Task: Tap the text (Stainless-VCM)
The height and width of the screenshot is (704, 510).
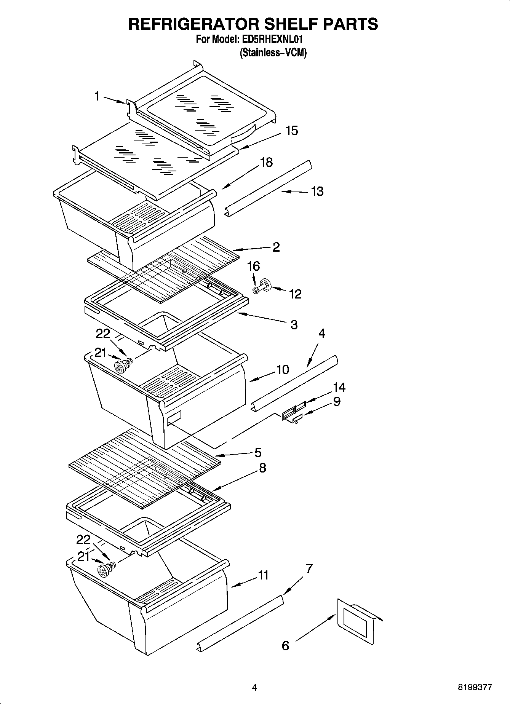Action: click(x=273, y=53)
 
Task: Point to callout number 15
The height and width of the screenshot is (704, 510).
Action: click(x=291, y=131)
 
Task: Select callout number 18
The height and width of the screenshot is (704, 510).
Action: click(x=266, y=162)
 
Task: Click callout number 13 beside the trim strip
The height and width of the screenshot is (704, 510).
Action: click(x=317, y=191)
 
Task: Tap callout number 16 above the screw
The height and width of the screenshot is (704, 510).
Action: click(x=253, y=266)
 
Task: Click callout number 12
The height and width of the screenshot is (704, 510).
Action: click(x=295, y=294)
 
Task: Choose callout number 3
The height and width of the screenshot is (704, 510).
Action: click(x=294, y=325)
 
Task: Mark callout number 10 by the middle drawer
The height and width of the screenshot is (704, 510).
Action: click(x=282, y=369)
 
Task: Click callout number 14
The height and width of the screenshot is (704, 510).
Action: click(x=339, y=388)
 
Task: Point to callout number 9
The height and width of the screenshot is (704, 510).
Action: click(x=337, y=401)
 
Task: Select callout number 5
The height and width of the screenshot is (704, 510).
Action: click(x=258, y=453)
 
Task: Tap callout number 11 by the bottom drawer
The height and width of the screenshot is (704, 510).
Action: click(x=263, y=575)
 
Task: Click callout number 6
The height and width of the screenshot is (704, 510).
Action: click(x=285, y=646)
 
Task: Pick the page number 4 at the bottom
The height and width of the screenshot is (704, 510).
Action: click(x=254, y=688)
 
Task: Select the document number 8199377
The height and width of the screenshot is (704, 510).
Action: click(x=475, y=688)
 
